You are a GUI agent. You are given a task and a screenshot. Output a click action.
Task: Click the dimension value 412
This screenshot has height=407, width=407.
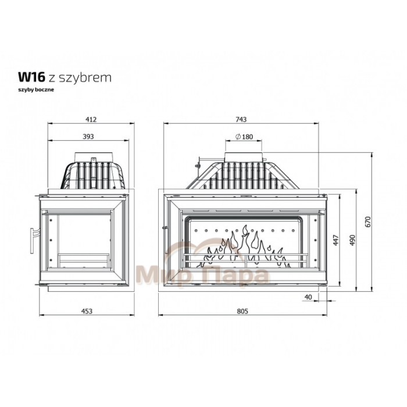tap(91, 119)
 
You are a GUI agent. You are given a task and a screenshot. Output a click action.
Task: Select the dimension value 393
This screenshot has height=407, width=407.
tap(88, 137)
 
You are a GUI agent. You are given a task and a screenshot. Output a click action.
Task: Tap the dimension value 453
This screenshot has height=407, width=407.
tap(87, 311)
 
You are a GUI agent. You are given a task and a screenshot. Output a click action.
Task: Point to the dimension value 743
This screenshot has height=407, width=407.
tap(241, 119)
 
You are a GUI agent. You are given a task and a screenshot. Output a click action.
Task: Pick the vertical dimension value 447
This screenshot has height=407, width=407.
tap(336, 240)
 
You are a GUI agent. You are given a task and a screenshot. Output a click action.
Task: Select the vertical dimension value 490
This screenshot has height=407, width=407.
tap(352, 240)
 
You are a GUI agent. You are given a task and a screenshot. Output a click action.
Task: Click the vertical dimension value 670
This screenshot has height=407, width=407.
tap(368, 222)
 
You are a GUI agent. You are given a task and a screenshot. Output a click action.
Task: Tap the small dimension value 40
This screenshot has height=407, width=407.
tap(308, 297)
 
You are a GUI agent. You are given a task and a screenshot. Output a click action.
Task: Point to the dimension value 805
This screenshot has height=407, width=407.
tap(242, 311)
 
